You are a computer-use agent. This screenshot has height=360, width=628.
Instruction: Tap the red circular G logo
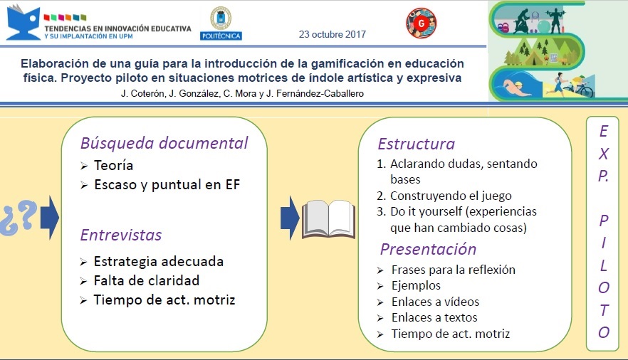pyautogui.click(x=421, y=23)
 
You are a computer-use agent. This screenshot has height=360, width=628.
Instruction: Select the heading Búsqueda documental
pyautogui.click(x=164, y=143)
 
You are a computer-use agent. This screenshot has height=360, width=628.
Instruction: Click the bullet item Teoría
pyautogui.click(x=113, y=166)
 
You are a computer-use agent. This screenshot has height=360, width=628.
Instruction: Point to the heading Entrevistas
pyautogui.click(x=120, y=235)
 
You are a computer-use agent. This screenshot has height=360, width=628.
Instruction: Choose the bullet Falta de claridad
pyautogui.click(x=146, y=280)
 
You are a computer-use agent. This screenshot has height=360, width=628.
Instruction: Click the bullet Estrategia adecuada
pyautogui.click(x=158, y=261)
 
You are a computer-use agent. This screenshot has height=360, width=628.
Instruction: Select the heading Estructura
pyautogui.click(x=416, y=144)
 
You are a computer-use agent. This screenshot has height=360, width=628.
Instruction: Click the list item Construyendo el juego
pyautogui.click(x=451, y=196)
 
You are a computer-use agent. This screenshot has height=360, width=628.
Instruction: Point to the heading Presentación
pyautogui.click(x=428, y=250)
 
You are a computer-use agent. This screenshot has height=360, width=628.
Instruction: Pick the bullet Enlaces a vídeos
pyautogui.click(x=435, y=302)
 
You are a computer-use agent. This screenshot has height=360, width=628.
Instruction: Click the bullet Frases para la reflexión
pyautogui.click(x=453, y=270)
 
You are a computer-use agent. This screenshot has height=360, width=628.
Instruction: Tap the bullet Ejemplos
pyautogui.click(x=416, y=285)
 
